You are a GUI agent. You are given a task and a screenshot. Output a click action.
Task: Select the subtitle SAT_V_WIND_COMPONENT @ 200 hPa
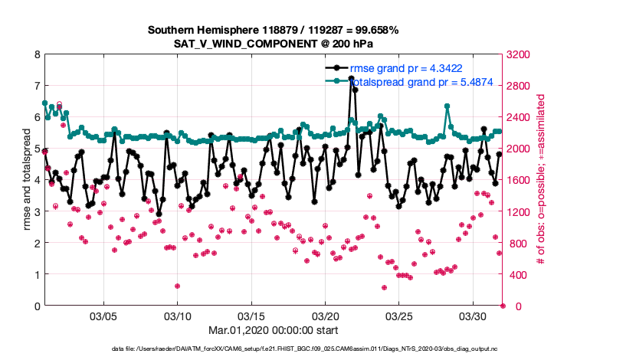[x=274, y=43]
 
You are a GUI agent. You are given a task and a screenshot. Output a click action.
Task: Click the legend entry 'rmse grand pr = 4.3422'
[x=405, y=68]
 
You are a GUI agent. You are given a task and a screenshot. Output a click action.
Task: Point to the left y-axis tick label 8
[x=36, y=54]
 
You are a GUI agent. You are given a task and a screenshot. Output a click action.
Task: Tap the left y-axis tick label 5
[x=36, y=149]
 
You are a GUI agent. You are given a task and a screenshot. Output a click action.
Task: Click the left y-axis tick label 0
[x=36, y=306]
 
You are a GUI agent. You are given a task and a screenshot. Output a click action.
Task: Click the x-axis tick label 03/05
[x=103, y=316]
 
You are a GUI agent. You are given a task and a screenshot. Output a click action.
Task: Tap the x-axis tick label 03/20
[x=326, y=316]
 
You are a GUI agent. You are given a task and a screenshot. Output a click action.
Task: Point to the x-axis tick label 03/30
[x=474, y=316]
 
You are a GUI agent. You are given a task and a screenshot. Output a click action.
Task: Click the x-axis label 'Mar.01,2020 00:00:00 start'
[x=274, y=330]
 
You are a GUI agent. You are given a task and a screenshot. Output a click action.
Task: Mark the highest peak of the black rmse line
[x=351, y=78]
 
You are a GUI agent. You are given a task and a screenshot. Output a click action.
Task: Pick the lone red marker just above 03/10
[x=177, y=286]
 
